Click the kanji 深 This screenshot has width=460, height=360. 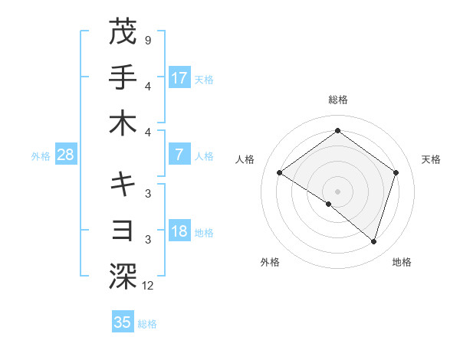(123, 274)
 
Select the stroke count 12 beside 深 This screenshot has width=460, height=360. (149, 286)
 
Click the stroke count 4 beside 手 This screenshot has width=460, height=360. (147, 85)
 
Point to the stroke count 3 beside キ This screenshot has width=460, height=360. (147, 192)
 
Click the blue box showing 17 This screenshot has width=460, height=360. (179, 77)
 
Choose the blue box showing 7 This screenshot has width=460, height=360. (179, 155)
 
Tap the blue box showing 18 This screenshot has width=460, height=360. (179, 232)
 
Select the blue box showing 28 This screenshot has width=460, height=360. (66, 155)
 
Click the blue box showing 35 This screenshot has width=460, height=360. (123, 322)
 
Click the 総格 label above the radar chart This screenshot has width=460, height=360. (337, 100)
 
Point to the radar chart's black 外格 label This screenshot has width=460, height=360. (270, 263)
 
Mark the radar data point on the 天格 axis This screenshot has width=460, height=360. (396, 172)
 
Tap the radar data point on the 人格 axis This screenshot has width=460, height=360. (280, 173)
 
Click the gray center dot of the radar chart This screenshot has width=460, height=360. (337, 191)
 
